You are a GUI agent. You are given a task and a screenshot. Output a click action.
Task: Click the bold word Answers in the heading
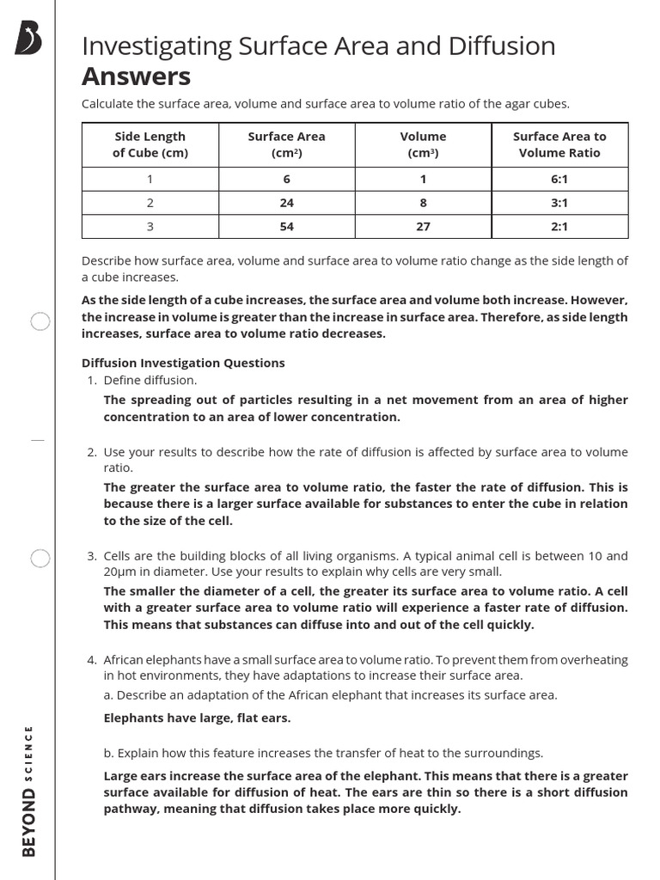point(136,76)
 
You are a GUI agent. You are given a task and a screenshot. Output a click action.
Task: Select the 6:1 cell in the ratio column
point(559,179)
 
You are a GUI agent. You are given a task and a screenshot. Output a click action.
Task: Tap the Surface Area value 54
point(286,226)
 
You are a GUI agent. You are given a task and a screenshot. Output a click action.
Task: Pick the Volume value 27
point(423,226)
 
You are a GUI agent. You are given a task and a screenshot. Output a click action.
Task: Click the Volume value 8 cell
point(423,203)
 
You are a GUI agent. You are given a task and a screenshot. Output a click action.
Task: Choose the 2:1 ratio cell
point(559,226)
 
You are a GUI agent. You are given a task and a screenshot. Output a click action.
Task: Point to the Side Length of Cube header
point(150,144)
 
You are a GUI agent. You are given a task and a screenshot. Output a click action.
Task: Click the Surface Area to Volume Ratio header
point(559,144)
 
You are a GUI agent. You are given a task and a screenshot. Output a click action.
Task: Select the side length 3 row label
point(150,226)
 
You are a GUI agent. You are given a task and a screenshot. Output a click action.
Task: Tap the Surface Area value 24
point(286,203)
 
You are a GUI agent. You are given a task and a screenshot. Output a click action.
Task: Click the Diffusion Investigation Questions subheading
point(182,363)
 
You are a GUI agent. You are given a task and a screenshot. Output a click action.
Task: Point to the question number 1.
point(91,380)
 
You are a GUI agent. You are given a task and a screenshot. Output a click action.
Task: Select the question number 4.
point(91,660)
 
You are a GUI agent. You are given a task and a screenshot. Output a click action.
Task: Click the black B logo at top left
point(28,39)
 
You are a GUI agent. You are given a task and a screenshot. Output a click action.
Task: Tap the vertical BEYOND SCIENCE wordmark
point(29,791)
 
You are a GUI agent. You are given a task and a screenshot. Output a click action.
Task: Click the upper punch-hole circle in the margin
point(40,322)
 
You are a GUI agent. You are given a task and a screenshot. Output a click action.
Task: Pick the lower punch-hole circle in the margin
point(40,559)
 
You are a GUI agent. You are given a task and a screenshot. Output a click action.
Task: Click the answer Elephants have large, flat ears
point(197,718)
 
